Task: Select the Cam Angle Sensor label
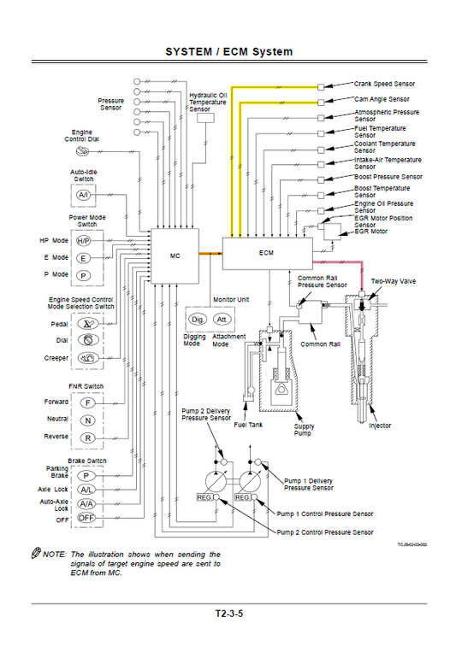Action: (382, 99)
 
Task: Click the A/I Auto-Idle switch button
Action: (84, 196)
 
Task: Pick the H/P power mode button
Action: (84, 241)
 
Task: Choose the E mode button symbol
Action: (84, 258)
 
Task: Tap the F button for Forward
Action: (86, 402)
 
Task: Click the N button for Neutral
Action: (86, 420)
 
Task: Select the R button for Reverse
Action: (86, 438)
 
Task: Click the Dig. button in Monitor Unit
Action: (197, 320)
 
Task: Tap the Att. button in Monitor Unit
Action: (222, 320)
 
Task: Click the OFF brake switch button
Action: (86, 518)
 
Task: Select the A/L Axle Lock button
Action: (86, 490)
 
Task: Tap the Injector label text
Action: (380, 425)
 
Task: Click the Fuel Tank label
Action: (249, 424)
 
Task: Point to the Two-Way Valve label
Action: (393, 280)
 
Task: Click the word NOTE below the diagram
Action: (52, 554)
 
